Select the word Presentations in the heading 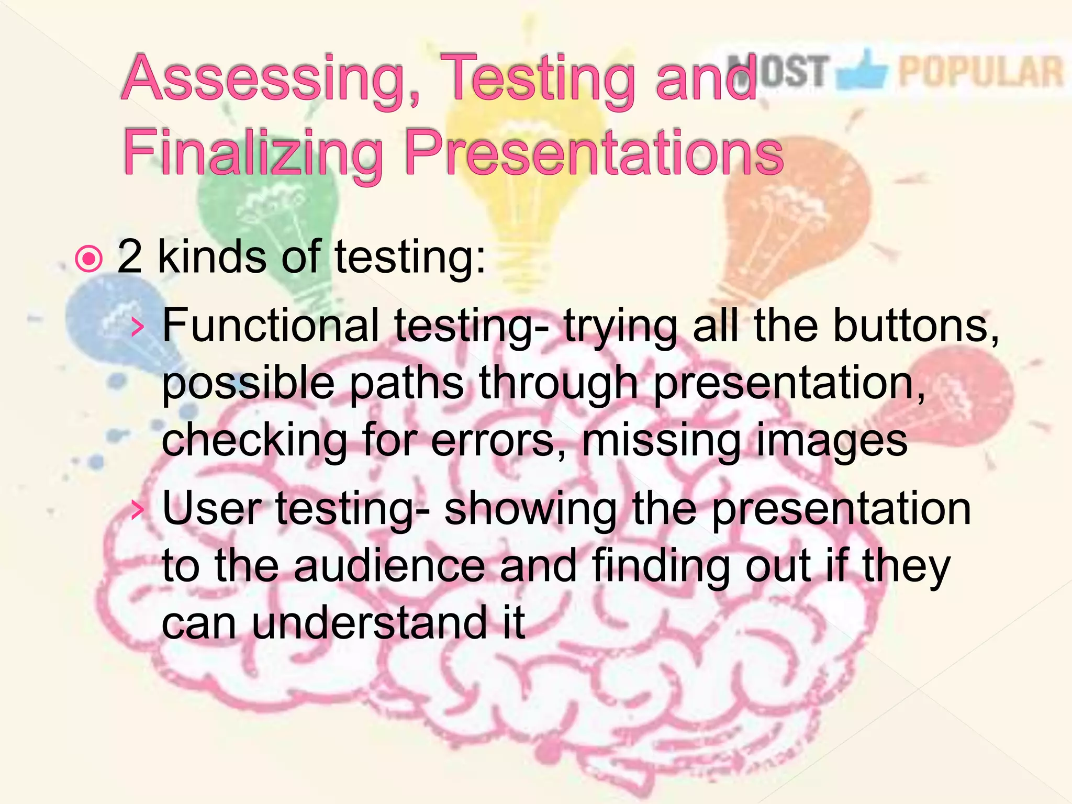click(x=594, y=153)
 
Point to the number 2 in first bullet click(x=130, y=256)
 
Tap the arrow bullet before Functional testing click(x=138, y=328)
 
